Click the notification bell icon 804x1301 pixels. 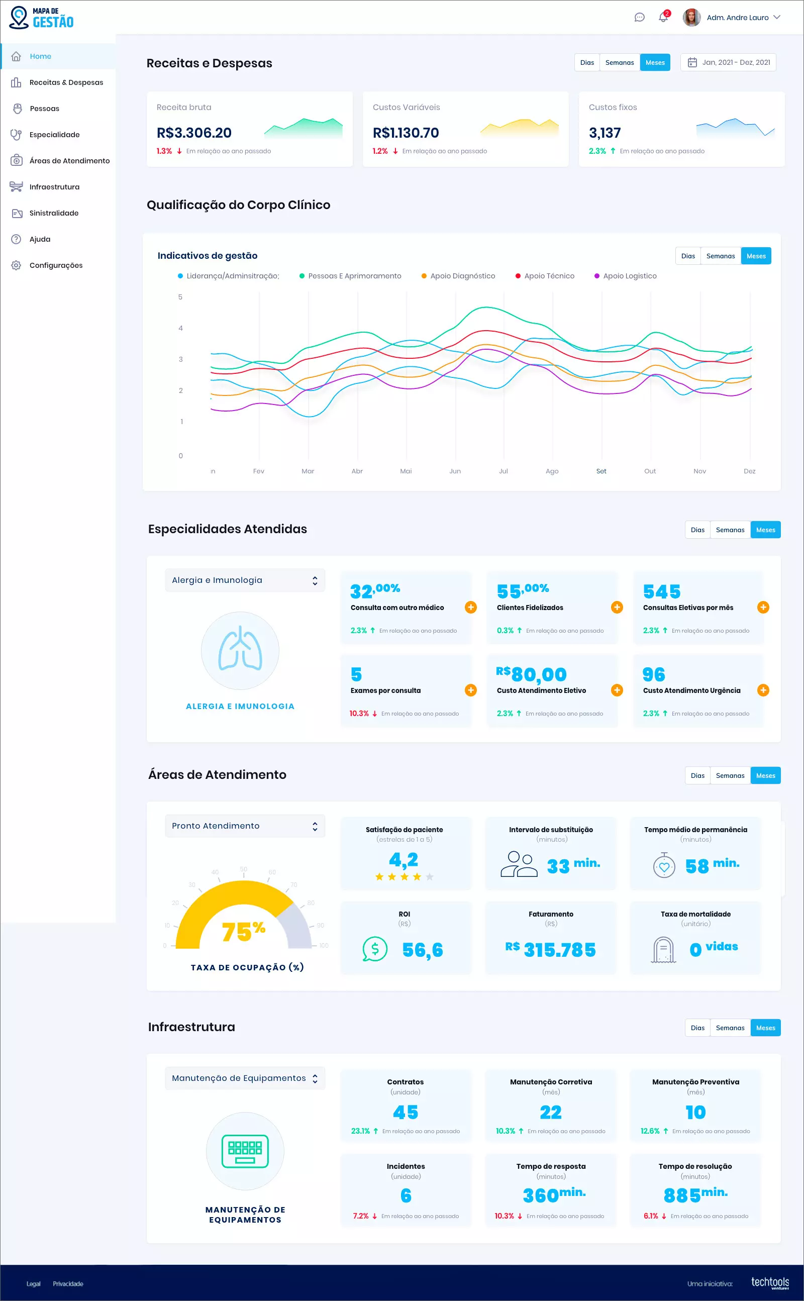point(663,18)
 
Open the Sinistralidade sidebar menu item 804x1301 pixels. point(54,213)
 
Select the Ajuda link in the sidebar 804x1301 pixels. point(40,239)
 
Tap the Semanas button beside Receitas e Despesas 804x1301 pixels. point(619,63)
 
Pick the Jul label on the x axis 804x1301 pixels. point(503,471)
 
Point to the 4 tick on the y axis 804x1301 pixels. point(181,328)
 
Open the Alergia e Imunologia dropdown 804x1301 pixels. point(245,580)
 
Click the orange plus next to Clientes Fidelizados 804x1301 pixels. point(617,607)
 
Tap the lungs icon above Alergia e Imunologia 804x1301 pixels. point(240,650)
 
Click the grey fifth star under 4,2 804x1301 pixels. point(430,877)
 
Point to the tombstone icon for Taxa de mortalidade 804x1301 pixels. point(664,950)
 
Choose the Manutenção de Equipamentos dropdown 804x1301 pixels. point(245,1078)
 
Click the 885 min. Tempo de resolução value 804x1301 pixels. point(695,1195)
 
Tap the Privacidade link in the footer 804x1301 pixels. point(68,1283)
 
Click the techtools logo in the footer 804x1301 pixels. point(769,1282)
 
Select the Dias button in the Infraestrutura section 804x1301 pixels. point(697,1028)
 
